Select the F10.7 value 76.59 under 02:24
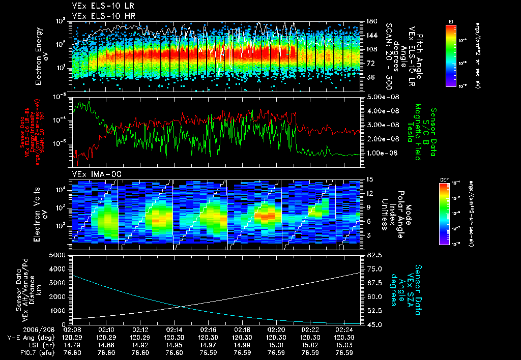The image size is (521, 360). pyautogui.click(x=344, y=352)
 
